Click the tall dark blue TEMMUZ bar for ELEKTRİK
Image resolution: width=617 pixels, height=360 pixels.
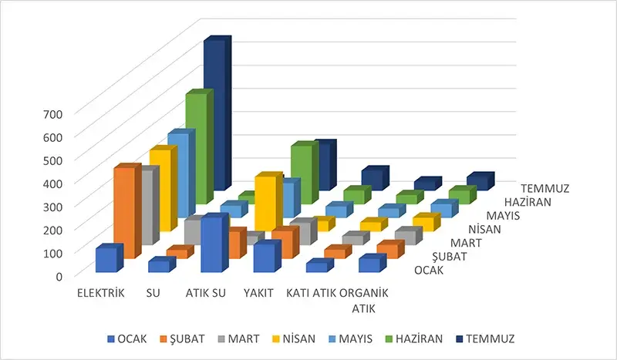point(215,116)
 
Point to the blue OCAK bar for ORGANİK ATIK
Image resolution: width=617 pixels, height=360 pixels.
point(370,264)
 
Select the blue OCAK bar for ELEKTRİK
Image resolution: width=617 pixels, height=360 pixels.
point(107,260)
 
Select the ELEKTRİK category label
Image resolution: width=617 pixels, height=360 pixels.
point(100,294)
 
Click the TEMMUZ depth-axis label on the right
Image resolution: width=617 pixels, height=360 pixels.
point(546,188)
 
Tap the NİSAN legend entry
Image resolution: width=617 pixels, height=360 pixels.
point(279,338)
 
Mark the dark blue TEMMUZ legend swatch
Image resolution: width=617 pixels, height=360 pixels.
point(459,338)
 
